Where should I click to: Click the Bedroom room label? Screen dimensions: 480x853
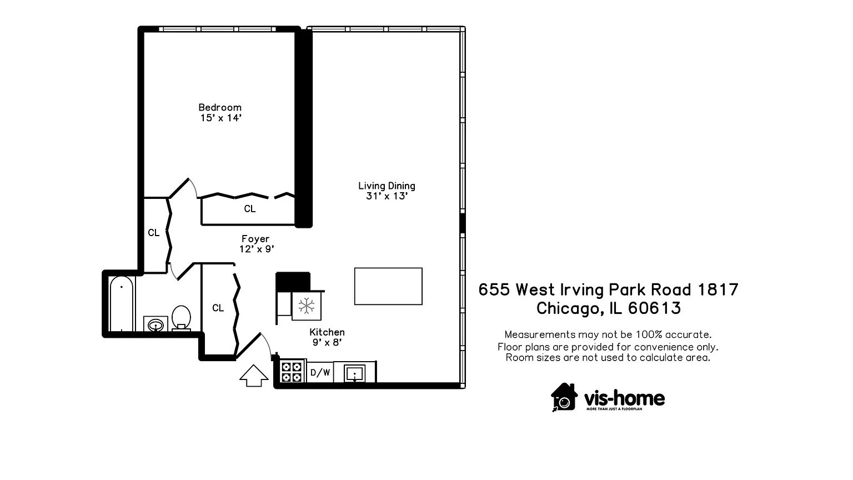[220, 107]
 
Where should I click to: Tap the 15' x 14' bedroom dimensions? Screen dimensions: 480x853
[221, 118]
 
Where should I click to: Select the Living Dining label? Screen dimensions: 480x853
[387, 186]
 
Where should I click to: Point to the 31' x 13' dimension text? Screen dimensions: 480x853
[387, 196]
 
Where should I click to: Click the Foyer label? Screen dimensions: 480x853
[255, 239]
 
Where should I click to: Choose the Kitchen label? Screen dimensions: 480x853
[327, 332]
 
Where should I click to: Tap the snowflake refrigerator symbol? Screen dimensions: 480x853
[307, 306]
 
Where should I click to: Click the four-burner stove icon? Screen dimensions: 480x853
[292, 372]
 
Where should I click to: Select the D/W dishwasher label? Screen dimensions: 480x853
[320, 372]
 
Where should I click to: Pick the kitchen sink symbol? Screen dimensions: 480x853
[354, 372]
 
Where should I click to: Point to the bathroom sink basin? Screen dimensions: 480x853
[155, 324]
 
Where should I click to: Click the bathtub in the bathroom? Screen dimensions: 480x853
[122, 303]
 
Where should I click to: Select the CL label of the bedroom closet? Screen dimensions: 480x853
[250, 209]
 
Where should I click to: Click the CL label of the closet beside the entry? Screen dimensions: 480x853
[218, 308]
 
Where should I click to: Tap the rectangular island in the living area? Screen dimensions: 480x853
[388, 286]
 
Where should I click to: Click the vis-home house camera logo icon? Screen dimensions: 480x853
[564, 397]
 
